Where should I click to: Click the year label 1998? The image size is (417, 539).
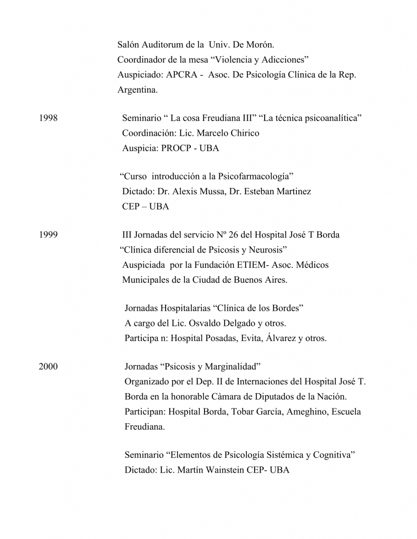(48, 118)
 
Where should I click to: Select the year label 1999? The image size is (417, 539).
(48, 235)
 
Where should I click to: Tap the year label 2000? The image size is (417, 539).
(48, 366)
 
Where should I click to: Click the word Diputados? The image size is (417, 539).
(268, 396)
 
